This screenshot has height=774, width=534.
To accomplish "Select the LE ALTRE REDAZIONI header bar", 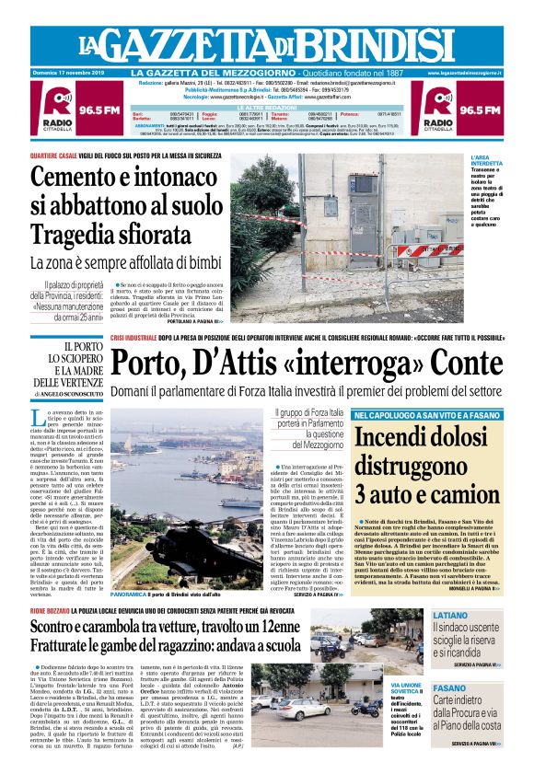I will click(266, 107).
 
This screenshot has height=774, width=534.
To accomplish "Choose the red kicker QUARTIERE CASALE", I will click(60, 155).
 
